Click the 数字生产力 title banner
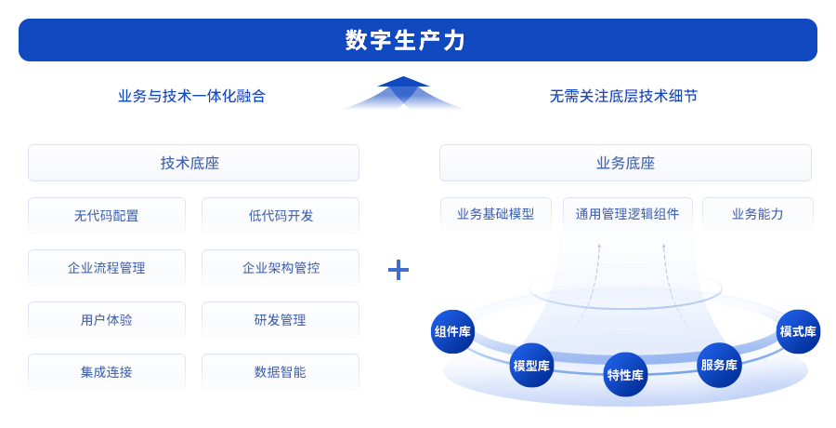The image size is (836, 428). coord(417,40)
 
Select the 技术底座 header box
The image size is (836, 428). coord(193,163)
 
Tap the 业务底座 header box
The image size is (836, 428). coord(625,163)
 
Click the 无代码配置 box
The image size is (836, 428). coord(106,215)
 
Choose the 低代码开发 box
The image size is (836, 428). coord(281,215)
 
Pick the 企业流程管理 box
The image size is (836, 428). coord(106,267)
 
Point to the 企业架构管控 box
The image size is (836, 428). coord(281,267)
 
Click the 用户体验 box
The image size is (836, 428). coord(106,319)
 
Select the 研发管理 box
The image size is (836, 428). coord(281,319)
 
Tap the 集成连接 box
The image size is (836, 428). coord(106,371)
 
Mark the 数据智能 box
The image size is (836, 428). coord(281,371)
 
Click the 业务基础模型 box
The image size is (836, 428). coord(495,213)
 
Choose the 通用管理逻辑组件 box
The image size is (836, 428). coord(627,213)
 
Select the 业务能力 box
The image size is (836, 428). coord(757,213)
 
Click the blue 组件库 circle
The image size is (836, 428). coord(452,331)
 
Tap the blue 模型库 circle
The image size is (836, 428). coord(531,366)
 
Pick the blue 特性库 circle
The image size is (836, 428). coord(625,375)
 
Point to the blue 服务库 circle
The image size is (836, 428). coord(719,365)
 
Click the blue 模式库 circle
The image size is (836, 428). coord(798,331)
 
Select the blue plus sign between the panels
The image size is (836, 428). coord(398,270)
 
